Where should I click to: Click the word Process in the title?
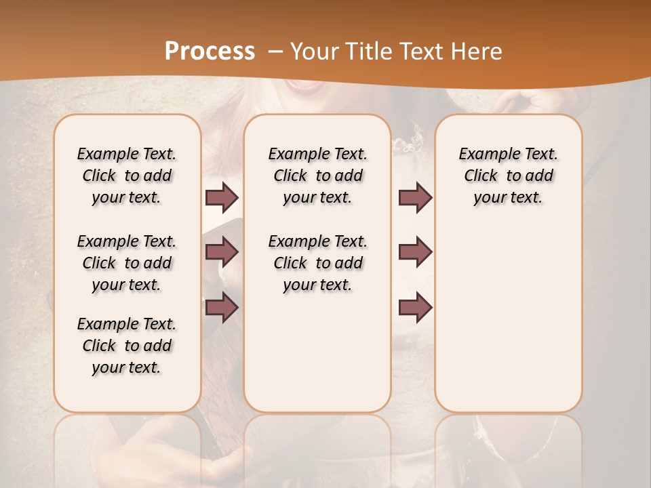coord(210,52)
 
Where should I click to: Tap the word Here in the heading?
coord(477,52)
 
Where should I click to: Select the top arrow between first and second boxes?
coord(222,197)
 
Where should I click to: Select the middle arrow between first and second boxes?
coord(222,252)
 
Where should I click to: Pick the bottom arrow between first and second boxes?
coord(222,308)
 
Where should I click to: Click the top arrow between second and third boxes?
coord(415,197)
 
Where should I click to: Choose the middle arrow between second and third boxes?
coord(415,252)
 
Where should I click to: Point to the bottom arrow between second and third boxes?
coord(415,308)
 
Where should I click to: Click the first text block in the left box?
coord(127,176)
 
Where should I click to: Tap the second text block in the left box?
coord(127,263)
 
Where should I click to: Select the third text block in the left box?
coord(127,346)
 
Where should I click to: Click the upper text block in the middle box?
coord(317,176)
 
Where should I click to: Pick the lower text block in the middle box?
coord(317,263)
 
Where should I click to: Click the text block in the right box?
coord(508,176)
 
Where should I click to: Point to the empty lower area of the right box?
coord(508,319)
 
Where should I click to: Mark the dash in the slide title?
coord(275,52)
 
